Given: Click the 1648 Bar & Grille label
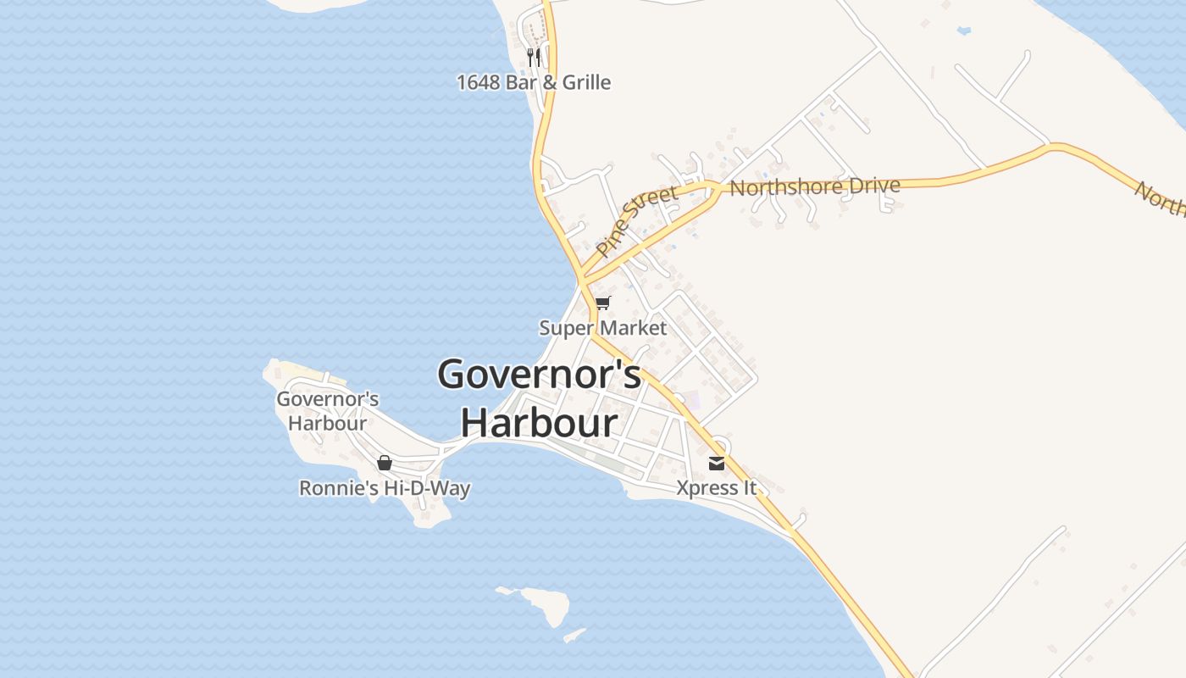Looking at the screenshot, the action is [534, 82].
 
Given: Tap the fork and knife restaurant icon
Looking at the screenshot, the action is [534, 57].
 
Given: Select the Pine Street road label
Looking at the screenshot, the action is [637, 221].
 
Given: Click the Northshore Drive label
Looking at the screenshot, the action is [814, 186].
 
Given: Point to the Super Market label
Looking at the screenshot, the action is [603, 328].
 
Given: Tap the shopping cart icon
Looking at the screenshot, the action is [603, 303].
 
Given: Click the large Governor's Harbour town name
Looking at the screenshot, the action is [539, 397].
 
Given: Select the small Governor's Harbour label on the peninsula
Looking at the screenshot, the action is [328, 411].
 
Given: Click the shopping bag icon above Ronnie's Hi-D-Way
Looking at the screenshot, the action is [385, 463].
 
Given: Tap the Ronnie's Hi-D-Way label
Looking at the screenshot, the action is [385, 488].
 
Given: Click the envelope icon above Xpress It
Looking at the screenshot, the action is [717, 463].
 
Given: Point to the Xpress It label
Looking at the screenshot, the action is [717, 488].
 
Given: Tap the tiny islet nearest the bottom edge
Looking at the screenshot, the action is [575, 634].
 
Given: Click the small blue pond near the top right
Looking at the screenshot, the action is [963, 31].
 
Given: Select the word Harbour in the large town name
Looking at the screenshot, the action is [539, 422].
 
